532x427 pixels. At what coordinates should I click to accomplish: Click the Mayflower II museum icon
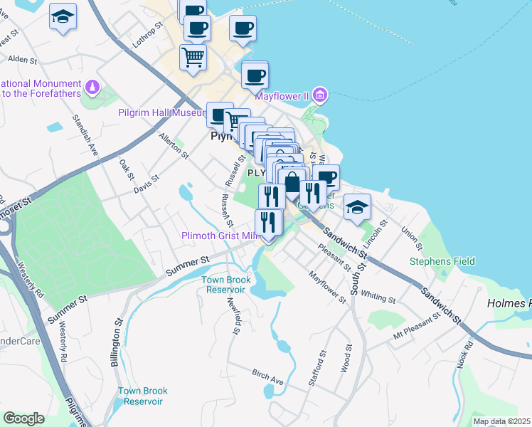pos(320,95)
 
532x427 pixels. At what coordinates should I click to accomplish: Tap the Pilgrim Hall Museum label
pos(161,112)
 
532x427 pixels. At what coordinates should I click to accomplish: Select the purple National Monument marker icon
pos(91,88)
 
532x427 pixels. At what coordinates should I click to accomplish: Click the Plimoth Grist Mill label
pos(218,236)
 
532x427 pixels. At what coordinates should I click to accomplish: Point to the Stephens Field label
pos(442,261)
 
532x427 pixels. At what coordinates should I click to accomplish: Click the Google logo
pos(23,418)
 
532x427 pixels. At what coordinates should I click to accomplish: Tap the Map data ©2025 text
pos(501,421)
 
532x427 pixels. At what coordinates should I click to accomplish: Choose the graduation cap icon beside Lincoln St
pos(357,206)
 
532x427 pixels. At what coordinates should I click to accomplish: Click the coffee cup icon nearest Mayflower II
pos(255,75)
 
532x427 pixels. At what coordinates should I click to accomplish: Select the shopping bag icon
pos(292,184)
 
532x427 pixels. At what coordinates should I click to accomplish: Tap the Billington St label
pos(115,345)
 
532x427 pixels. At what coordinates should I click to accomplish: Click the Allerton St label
pos(174,146)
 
